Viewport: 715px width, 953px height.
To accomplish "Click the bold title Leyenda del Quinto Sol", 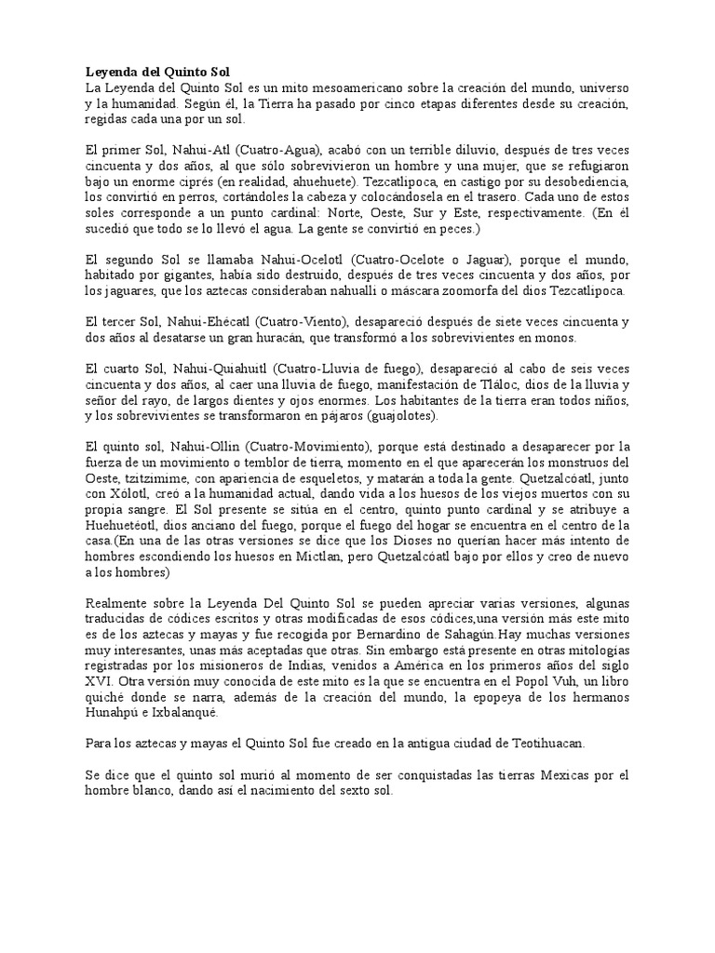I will [156, 72].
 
